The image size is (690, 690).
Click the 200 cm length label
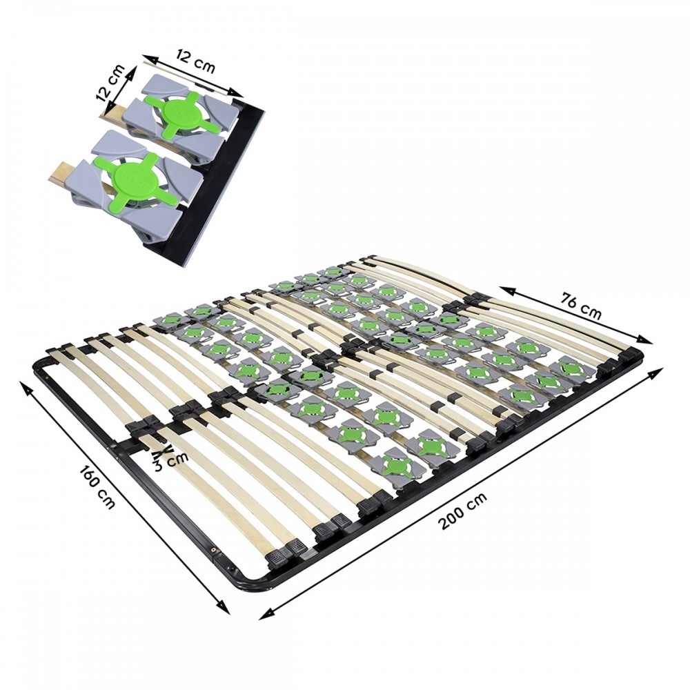click(462, 511)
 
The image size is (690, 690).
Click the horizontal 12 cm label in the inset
click(195, 61)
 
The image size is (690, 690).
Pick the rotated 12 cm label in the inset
click(110, 84)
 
